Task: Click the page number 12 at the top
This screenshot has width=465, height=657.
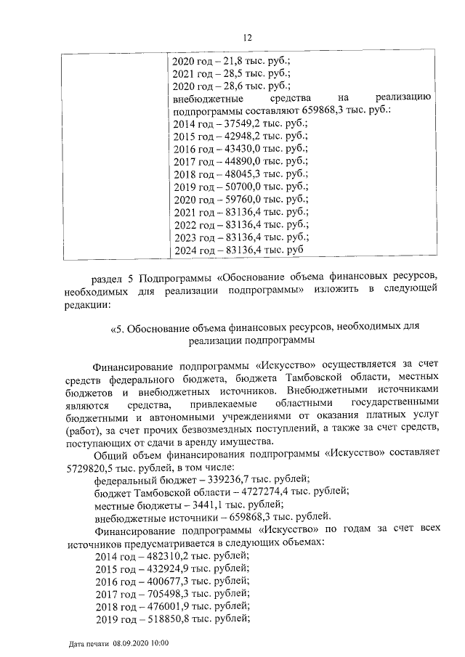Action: tap(246, 38)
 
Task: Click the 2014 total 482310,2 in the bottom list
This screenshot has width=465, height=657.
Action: tap(166, 555)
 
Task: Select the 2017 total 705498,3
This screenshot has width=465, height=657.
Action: tap(166, 593)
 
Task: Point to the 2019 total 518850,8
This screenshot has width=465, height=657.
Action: tap(166, 619)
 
